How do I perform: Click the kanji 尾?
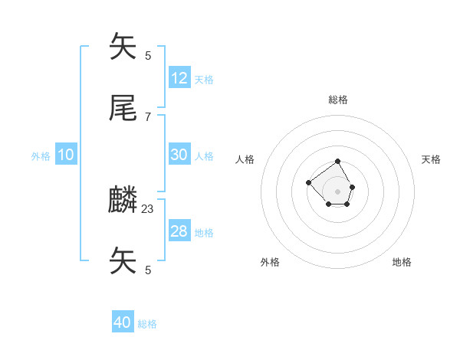point(123,109)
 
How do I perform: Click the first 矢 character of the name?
point(123,47)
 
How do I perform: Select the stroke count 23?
point(148,208)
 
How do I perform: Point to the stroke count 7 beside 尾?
point(148,116)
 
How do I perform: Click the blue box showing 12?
point(179,78)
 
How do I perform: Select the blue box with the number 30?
point(179,155)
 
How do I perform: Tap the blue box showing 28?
point(179,231)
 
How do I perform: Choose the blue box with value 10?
point(66,155)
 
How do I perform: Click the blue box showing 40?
point(123,323)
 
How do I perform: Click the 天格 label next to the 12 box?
point(204,80)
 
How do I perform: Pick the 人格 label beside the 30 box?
point(204,156)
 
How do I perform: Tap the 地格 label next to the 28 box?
point(204,233)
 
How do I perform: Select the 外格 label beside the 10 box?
point(41,156)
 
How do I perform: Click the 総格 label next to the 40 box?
point(147,325)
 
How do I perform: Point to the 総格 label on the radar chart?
point(338,100)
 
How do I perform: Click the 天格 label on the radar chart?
point(432,159)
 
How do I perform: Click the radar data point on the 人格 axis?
point(308,182)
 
